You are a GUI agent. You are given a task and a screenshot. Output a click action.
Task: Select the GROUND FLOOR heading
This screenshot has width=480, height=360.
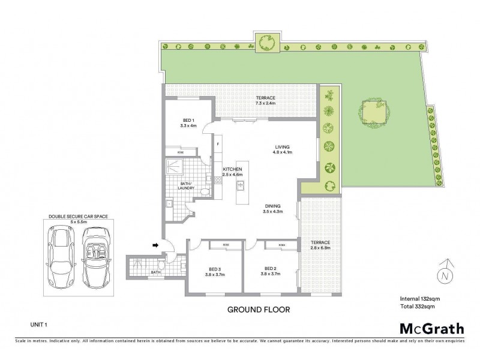tap(258, 310)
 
